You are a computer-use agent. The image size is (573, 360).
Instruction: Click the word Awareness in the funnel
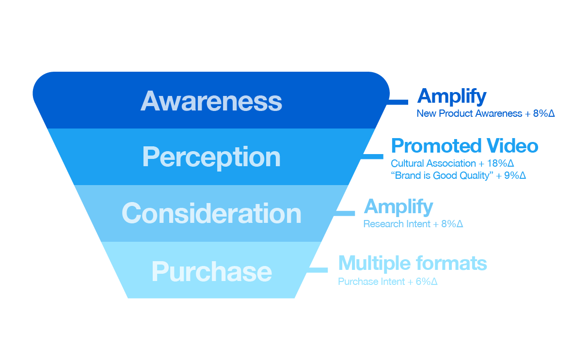coord(211,101)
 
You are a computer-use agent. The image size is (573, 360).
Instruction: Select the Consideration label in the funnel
coord(211,213)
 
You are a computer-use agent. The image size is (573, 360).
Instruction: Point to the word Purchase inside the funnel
coord(211,271)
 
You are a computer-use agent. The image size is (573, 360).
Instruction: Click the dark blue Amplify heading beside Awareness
coord(452,97)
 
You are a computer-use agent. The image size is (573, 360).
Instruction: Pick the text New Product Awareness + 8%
coord(486,113)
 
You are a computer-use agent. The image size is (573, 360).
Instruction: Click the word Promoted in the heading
coord(436,146)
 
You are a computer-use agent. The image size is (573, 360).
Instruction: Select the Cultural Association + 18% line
coord(452,163)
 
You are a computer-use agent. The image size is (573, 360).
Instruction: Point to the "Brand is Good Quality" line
coord(458,175)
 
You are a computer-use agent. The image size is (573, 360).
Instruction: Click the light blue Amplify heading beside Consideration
coord(398,207)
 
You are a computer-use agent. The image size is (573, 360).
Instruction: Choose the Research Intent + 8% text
coord(413,224)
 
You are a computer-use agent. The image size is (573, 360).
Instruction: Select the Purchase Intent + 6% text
coord(387,282)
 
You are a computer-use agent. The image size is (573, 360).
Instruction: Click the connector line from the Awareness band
coord(397,102)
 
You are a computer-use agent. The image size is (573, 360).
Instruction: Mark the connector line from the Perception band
coord(372,157)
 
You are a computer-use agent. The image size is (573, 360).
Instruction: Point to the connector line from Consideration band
coord(345,213)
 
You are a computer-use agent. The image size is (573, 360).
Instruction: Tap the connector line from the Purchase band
coord(318,270)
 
